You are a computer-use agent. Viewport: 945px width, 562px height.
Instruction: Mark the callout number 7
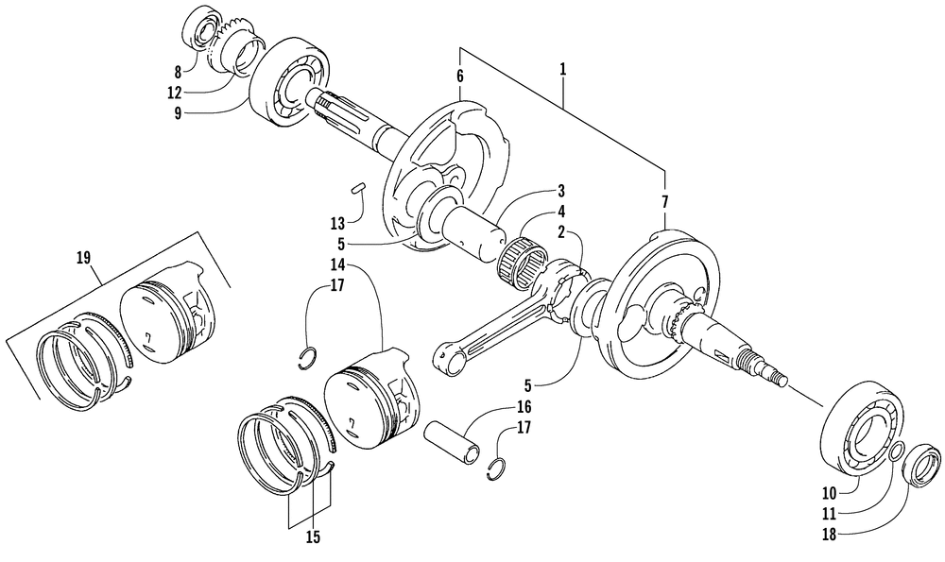[664, 202]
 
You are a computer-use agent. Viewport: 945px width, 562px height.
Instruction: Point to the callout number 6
[460, 76]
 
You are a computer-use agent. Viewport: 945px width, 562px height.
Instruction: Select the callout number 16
[524, 408]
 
